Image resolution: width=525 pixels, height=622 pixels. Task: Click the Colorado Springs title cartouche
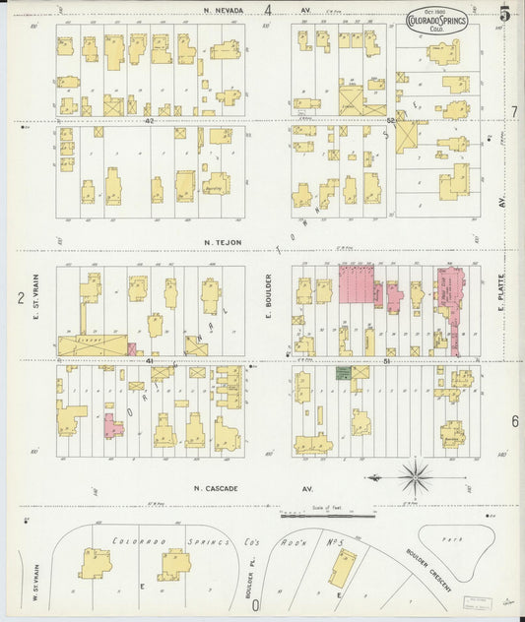coord(436,20)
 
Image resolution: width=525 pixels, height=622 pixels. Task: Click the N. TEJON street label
coord(223,241)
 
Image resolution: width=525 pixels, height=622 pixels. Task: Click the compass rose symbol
coord(416,479)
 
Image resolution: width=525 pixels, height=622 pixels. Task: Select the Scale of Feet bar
coord(326,514)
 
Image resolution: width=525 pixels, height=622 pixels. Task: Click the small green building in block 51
coord(343,374)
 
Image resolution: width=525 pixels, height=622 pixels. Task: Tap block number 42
coord(150,121)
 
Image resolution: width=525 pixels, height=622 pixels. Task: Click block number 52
coord(391,121)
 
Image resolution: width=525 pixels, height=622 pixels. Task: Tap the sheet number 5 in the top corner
coord(504,14)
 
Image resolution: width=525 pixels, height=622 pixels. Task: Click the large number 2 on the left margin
coord(20,297)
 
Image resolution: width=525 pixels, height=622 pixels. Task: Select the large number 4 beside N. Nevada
coord(267,10)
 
